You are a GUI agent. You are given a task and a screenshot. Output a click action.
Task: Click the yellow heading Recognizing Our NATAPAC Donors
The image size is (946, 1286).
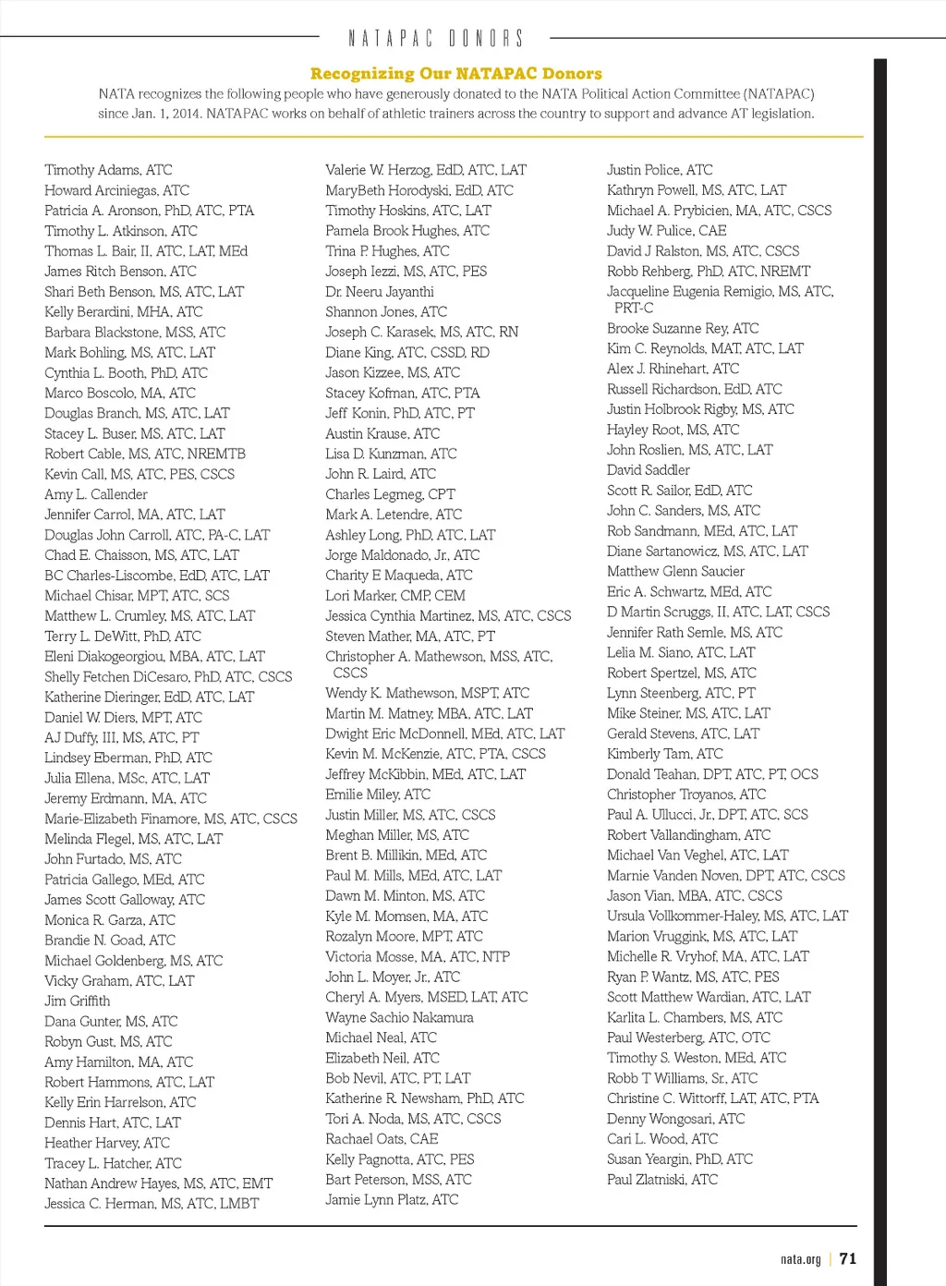[455, 73]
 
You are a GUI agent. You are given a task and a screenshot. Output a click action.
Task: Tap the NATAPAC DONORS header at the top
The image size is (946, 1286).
[435, 38]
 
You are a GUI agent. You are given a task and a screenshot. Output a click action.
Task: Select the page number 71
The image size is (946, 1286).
[848, 1258]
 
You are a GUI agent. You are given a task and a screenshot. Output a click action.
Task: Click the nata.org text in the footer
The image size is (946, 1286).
[800, 1259]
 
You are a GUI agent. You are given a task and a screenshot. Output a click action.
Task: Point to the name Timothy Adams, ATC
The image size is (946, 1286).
[108, 170]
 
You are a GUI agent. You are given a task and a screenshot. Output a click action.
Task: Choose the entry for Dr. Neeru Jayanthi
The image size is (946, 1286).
[379, 292]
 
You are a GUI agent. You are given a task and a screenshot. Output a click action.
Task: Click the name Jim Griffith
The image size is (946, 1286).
[77, 1001]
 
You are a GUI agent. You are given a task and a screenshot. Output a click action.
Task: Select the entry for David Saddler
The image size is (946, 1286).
[648, 470]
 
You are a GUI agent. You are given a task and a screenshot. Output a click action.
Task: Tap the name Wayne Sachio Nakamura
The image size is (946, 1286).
[399, 1017]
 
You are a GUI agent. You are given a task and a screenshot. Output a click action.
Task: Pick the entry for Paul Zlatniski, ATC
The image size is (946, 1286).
[661, 1180]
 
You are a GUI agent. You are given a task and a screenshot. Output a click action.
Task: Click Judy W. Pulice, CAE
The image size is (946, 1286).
[666, 231]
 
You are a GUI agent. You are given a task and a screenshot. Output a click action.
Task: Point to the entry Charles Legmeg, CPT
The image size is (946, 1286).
[390, 494]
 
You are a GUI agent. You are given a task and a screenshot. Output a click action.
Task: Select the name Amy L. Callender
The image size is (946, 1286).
[96, 494]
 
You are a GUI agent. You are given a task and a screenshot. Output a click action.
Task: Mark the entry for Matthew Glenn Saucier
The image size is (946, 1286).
[675, 572]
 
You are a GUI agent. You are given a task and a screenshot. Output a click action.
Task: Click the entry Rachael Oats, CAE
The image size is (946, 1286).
[382, 1139]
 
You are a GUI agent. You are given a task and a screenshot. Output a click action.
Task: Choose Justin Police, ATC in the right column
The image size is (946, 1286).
[660, 170]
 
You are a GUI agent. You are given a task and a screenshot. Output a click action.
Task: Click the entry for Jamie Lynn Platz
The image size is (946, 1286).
[392, 1199]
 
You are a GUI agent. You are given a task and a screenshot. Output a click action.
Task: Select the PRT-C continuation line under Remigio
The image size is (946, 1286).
[634, 308]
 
